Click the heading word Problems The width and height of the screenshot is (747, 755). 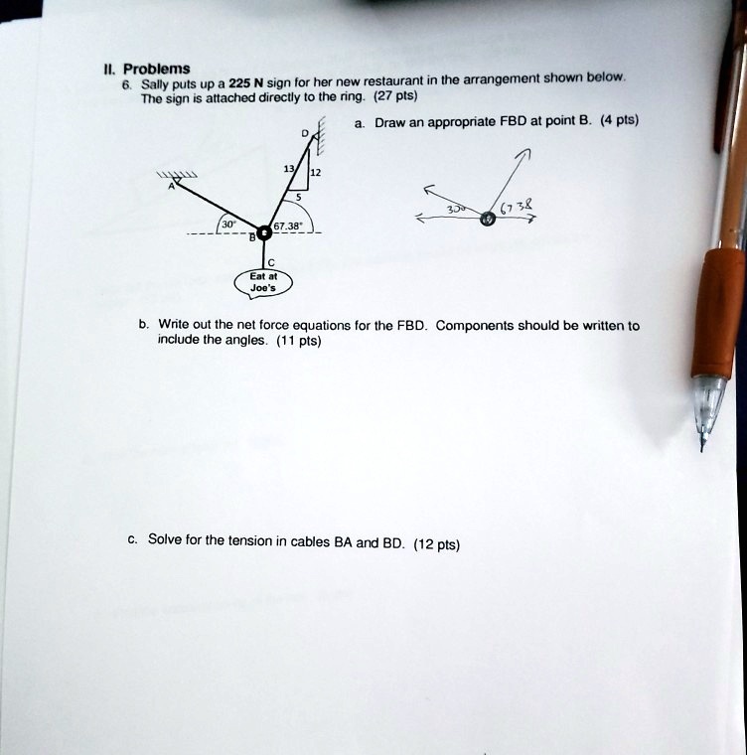[x=157, y=70]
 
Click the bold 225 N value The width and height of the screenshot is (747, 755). [x=246, y=83]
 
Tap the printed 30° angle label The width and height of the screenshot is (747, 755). [x=228, y=225]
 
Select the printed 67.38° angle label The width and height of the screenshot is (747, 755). [x=286, y=226]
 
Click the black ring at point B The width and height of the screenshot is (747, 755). [x=264, y=233]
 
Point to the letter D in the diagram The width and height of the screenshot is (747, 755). [x=304, y=133]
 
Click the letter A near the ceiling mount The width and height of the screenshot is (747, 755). [x=171, y=187]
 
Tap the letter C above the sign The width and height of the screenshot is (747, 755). [x=271, y=262]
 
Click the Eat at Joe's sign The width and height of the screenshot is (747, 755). [x=263, y=283]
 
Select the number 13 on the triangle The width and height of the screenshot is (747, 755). [x=288, y=169]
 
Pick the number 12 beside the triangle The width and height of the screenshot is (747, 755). [x=315, y=173]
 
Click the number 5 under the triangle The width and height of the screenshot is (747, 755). [x=299, y=197]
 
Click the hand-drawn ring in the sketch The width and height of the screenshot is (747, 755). [x=488, y=220]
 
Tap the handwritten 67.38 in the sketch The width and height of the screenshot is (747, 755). [x=517, y=208]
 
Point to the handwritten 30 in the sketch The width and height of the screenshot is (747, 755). [x=456, y=210]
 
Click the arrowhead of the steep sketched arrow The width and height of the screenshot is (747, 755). [x=525, y=153]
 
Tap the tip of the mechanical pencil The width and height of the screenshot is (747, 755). [x=701, y=449]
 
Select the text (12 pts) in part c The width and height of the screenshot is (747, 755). [x=436, y=544]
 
